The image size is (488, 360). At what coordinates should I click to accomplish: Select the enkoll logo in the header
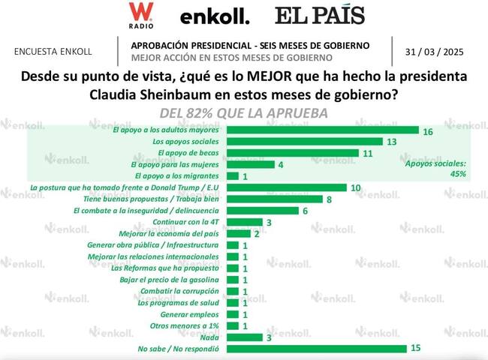click(x=214, y=16)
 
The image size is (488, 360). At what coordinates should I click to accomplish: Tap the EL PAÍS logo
click(x=319, y=16)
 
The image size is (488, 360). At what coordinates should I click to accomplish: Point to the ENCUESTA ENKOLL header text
click(x=53, y=52)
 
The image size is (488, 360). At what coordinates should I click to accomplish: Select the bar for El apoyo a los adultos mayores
click(x=322, y=130)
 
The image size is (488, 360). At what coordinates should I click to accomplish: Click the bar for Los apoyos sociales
click(x=304, y=141)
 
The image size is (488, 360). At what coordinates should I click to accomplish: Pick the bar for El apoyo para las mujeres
click(x=250, y=164)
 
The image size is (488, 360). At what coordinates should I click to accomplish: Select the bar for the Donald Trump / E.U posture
click(x=286, y=187)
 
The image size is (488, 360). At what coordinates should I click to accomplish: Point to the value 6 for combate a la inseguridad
click(x=305, y=211)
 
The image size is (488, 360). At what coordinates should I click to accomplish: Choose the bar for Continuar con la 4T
click(x=244, y=222)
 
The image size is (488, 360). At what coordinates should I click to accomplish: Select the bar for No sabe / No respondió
click(x=316, y=349)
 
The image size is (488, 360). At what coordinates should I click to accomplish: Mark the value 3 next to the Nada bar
click(x=270, y=337)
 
